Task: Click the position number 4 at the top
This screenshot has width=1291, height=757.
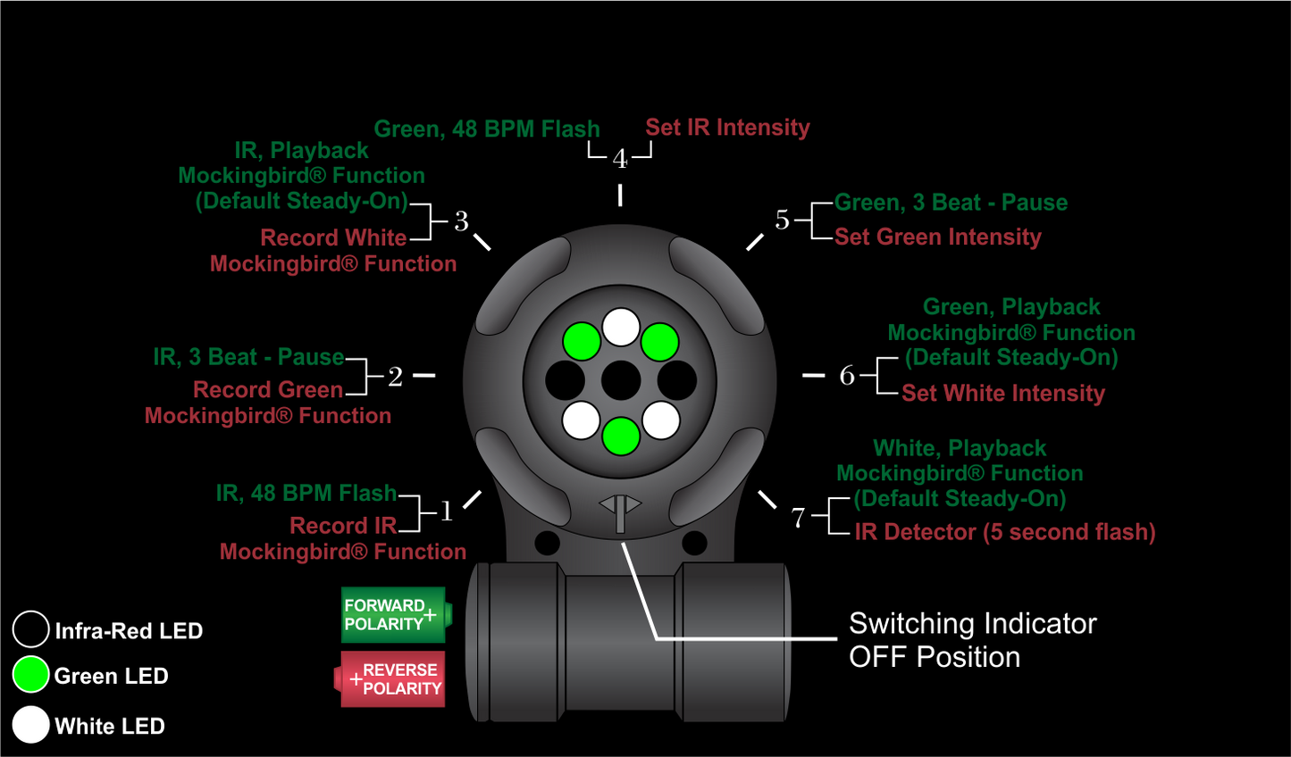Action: click(x=620, y=159)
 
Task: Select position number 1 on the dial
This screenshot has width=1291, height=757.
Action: click(x=446, y=512)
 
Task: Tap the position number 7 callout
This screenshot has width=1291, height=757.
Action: click(x=798, y=517)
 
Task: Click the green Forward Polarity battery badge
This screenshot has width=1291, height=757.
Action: click(x=394, y=614)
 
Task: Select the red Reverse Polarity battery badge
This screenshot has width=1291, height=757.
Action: click(x=393, y=679)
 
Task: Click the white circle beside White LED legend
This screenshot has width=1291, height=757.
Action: click(x=30, y=725)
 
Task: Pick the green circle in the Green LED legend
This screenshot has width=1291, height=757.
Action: click(x=30, y=675)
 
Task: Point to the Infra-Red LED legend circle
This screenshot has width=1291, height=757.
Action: click(x=30, y=629)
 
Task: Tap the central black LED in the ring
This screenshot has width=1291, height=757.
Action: click(x=621, y=381)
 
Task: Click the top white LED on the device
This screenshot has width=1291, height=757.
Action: click(x=621, y=327)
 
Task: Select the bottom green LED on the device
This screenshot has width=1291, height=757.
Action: click(x=621, y=437)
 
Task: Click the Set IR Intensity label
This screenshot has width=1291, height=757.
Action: click(x=727, y=128)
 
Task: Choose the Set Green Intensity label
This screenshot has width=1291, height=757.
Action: click(x=937, y=237)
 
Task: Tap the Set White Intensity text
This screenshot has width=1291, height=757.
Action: click(x=1002, y=393)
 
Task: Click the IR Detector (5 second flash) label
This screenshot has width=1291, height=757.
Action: click(x=1004, y=532)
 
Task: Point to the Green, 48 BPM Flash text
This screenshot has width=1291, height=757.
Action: click(x=486, y=129)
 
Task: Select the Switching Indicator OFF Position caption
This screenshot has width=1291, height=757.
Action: click(x=972, y=640)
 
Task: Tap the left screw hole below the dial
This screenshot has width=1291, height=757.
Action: click(x=547, y=542)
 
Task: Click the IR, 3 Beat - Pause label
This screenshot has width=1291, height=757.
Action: click(x=248, y=357)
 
